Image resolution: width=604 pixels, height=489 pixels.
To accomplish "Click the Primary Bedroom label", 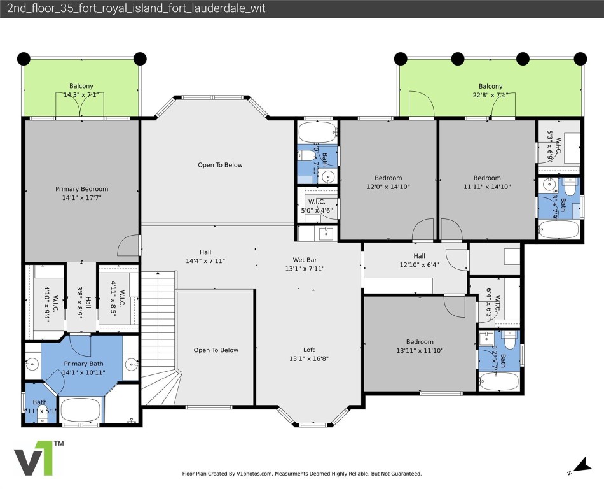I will click(81, 189).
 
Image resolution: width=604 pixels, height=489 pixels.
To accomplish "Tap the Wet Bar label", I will click(305, 260).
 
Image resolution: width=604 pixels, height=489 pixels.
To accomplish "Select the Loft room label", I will click(308, 350).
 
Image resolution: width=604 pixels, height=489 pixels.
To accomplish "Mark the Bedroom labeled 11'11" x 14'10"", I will click(486, 178).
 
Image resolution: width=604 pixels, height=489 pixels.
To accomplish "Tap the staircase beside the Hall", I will click(158, 337).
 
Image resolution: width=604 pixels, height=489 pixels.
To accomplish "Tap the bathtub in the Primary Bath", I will click(81, 410).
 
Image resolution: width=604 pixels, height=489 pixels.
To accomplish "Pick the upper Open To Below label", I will click(220, 165).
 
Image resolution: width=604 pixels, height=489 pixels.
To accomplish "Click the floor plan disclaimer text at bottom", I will click(301, 474).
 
